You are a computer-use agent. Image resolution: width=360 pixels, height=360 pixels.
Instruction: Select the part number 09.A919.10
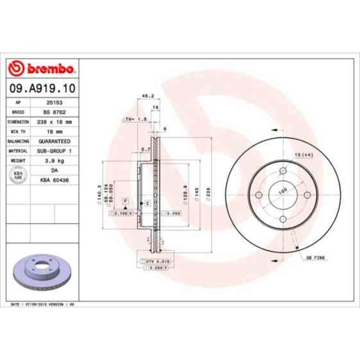(x=42, y=88)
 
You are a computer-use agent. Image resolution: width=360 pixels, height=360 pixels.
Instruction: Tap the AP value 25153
(x=54, y=103)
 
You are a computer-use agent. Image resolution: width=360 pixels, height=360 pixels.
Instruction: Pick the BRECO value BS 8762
(x=54, y=112)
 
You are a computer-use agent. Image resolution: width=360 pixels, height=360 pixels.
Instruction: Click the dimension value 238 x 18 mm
(x=54, y=122)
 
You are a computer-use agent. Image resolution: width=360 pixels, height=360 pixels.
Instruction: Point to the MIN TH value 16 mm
(x=54, y=131)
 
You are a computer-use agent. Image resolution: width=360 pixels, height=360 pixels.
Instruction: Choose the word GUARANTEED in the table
(x=54, y=141)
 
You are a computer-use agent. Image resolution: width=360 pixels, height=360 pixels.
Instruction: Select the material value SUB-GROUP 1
(x=54, y=150)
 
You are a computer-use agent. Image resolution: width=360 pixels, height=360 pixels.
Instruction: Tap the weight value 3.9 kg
(x=54, y=160)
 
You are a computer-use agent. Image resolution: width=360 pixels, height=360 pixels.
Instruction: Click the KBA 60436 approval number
(x=54, y=180)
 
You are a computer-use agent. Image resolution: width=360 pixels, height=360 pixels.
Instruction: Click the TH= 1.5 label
(x=131, y=119)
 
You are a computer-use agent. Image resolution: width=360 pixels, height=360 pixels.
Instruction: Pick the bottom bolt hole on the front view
(x=282, y=220)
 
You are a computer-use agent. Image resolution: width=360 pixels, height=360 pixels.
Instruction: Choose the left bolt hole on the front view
(x=258, y=195)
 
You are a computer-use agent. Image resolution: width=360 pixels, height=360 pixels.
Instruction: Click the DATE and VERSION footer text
(x=43, y=305)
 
